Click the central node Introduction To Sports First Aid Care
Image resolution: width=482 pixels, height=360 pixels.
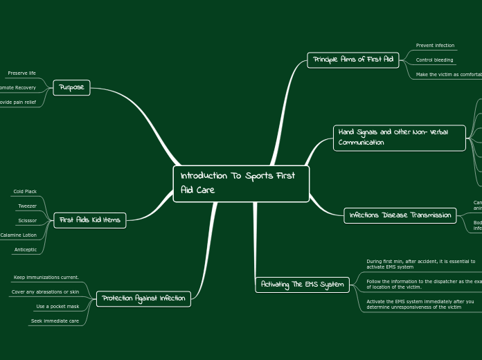pyautogui.click(x=240, y=183)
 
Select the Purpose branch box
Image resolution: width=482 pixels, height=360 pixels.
pyautogui.click(x=71, y=88)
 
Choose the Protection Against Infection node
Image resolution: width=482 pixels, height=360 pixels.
pyautogui.click(x=143, y=298)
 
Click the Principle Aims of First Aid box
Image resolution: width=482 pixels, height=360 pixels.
pyautogui.click(x=353, y=60)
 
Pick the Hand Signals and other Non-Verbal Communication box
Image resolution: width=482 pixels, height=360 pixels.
pyautogui.click(x=400, y=137)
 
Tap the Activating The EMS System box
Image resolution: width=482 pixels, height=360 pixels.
pyautogui.click(x=303, y=285)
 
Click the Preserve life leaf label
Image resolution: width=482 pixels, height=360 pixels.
pyautogui.click(x=21, y=73)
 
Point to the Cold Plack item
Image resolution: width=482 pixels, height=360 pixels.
pyautogui.click(x=26, y=191)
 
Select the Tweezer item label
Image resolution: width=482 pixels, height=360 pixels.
pyautogui.click(x=27, y=206)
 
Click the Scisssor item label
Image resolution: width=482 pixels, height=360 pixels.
pyautogui.click(x=28, y=220)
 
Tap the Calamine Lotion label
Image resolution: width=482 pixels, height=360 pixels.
pyautogui.click(x=19, y=235)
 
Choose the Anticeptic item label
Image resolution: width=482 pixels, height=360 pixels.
pyautogui.click(x=26, y=249)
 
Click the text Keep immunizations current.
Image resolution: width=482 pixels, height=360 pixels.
pyautogui.click(x=46, y=277)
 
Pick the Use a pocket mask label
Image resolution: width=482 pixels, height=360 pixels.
pyautogui.click(x=57, y=306)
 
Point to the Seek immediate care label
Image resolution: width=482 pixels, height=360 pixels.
pyautogui.click(x=55, y=321)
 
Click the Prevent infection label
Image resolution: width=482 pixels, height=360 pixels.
pyautogui.click(x=435, y=46)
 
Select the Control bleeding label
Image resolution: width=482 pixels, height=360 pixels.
pyautogui.click(x=434, y=60)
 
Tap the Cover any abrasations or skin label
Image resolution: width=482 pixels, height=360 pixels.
pyautogui.click(x=46, y=291)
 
